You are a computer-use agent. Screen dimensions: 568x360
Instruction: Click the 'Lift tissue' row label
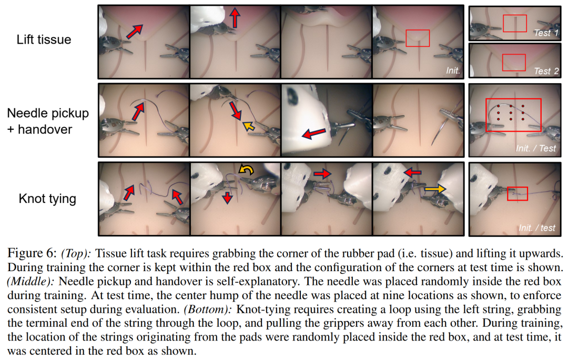pos(44,39)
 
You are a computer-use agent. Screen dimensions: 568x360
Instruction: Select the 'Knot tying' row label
pos(47,199)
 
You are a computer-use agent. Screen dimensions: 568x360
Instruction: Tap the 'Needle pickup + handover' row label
pos(48,121)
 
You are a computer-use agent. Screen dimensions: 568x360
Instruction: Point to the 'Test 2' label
pos(546,71)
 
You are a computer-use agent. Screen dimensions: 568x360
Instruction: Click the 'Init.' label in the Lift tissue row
pos(453,70)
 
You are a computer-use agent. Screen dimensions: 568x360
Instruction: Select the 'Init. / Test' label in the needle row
pos(536,148)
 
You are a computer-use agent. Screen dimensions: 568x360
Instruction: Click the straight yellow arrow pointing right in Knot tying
pos(435,189)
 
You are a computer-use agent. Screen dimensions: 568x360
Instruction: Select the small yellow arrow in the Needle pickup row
pos(248,126)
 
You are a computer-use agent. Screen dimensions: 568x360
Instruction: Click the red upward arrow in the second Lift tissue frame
pos(235,18)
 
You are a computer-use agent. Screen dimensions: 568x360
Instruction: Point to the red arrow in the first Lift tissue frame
pos(135,32)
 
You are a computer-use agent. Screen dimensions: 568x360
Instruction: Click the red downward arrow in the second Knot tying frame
pos(227,198)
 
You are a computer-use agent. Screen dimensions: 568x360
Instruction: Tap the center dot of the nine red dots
pos(511,112)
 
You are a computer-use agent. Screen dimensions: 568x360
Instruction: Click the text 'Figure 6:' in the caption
pos(32,253)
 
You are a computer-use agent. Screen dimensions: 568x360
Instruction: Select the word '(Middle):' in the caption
pos(31,282)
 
